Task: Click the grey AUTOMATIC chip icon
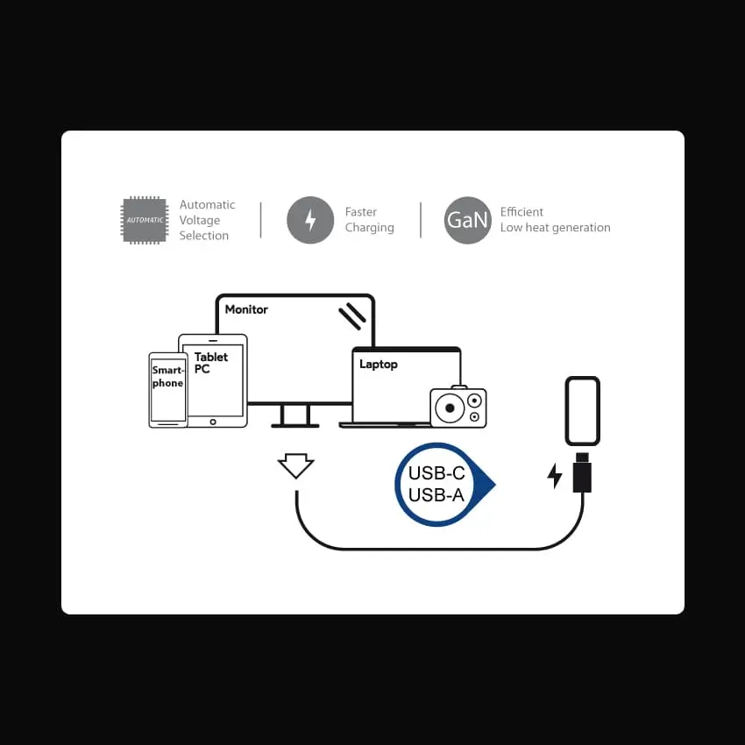click(145, 220)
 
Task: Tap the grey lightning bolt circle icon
click(310, 220)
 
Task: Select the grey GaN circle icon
click(467, 220)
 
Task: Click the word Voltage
click(200, 221)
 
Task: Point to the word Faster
click(360, 212)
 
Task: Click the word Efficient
click(521, 212)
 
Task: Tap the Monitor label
click(246, 309)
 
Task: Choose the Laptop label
click(379, 365)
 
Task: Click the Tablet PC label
click(211, 363)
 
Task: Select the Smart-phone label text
click(167, 376)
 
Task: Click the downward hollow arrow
click(295, 465)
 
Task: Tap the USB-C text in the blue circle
click(436, 473)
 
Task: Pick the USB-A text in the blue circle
click(436, 495)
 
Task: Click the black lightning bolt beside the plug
click(555, 476)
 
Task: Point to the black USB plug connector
click(582, 472)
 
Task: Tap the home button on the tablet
click(213, 422)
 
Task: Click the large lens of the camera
click(450, 408)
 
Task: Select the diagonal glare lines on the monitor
click(352, 316)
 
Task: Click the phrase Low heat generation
click(555, 228)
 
